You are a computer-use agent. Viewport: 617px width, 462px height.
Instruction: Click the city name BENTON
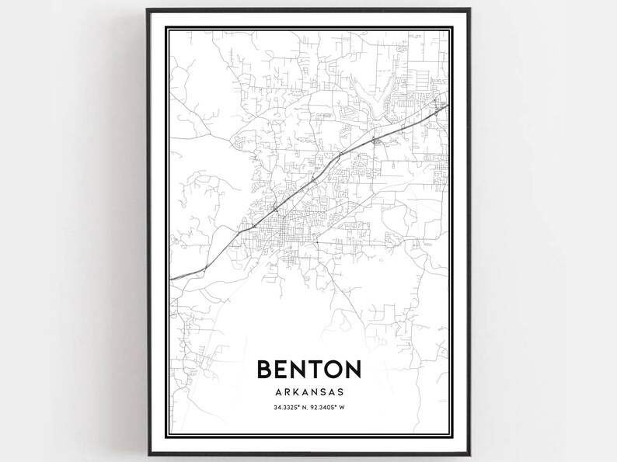click(x=308, y=368)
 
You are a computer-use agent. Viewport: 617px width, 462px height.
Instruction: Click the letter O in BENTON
click(x=336, y=368)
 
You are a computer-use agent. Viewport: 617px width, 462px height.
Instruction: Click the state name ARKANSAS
click(x=308, y=391)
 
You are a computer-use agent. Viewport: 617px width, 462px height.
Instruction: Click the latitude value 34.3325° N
click(x=288, y=408)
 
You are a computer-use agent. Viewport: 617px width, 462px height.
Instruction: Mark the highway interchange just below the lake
click(x=375, y=140)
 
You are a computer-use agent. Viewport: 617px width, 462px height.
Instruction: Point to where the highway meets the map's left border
click(x=171, y=277)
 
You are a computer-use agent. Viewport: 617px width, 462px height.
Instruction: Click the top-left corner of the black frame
click(x=148, y=10)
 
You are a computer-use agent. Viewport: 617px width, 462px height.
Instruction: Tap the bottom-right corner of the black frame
click(x=471, y=454)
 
